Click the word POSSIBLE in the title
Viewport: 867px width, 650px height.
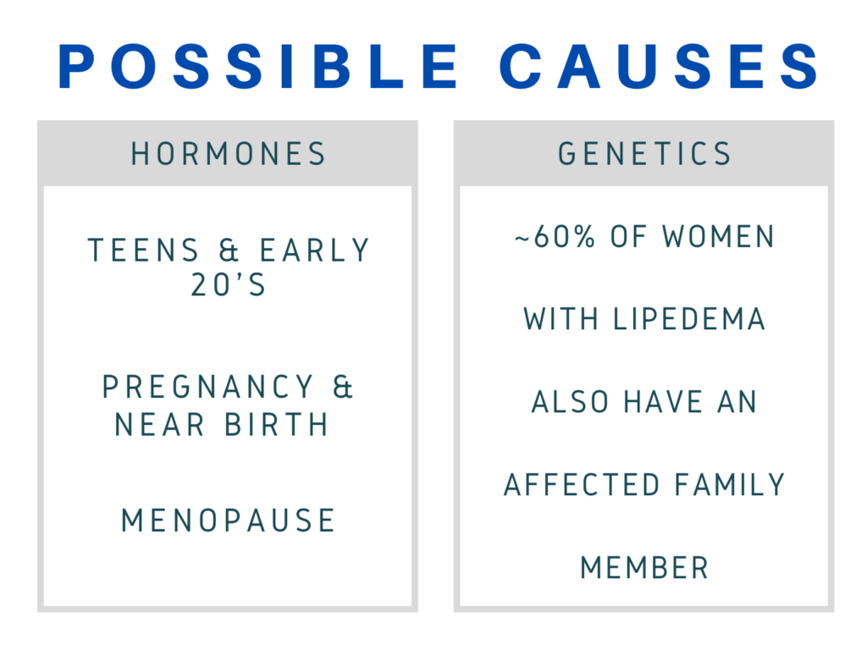click(258, 66)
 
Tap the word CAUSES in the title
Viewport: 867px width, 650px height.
click(659, 66)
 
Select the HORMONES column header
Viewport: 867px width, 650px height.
click(229, 154)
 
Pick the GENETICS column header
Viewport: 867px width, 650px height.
click(644, 154)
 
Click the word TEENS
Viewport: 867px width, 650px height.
click(143, 251)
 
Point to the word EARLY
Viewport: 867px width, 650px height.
click(315, 251)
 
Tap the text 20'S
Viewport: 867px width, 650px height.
click(229, 285)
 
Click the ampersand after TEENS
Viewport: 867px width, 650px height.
click(229, 251)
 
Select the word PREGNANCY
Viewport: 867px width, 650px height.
click(208, 387)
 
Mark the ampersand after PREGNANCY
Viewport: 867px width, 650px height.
click(343, 387)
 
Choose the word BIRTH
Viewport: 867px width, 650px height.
click(277, 425)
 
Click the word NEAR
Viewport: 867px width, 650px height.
click(160, 425)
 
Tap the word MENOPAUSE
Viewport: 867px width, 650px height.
click(228, 521)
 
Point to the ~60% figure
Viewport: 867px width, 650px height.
click(555, 237)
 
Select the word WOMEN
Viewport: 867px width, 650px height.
click(719, 237)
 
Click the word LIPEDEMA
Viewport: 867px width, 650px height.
click(689, 319)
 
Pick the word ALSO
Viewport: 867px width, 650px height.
click(570, 402)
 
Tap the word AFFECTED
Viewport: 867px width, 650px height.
click(582, 485)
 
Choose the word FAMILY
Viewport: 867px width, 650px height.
click(730, 485)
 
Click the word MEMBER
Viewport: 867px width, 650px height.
click(644, 568)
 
